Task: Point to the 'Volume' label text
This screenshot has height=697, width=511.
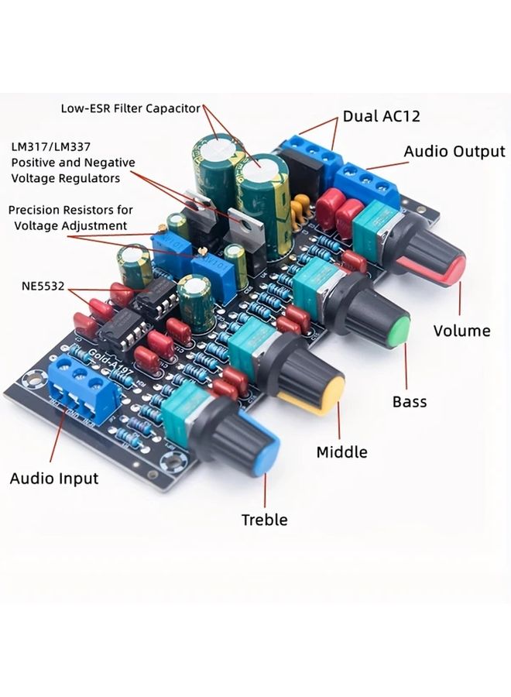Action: point(461,331)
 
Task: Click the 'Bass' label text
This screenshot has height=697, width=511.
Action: point(410,402)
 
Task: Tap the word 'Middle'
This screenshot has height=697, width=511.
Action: point(341,452)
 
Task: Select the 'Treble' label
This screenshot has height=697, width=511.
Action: point(264,520)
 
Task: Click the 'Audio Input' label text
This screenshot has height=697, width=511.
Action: point(54,478)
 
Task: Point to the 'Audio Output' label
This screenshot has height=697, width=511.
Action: point(454,152)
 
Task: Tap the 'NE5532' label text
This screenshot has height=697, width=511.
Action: point(43,286)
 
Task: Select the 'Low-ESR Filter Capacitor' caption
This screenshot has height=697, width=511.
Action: point(131,108)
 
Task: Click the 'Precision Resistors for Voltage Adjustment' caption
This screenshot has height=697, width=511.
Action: point(70,218)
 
